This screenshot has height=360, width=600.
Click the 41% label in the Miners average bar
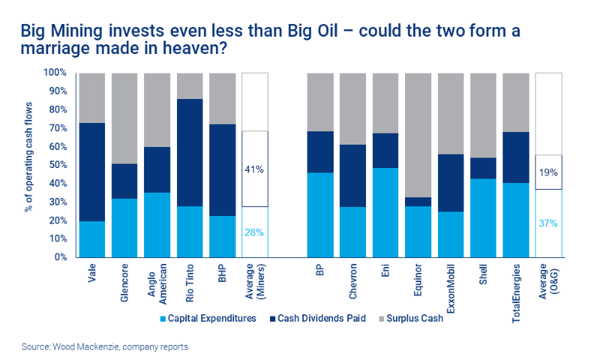255,169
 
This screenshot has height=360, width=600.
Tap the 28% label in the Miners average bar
255,232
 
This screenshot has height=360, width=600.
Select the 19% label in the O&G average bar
548,172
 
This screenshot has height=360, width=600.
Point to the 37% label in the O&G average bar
548,223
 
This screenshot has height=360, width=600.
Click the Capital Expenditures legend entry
211,318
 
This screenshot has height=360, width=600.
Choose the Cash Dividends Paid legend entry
319,318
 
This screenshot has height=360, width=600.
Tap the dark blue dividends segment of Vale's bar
92,172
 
